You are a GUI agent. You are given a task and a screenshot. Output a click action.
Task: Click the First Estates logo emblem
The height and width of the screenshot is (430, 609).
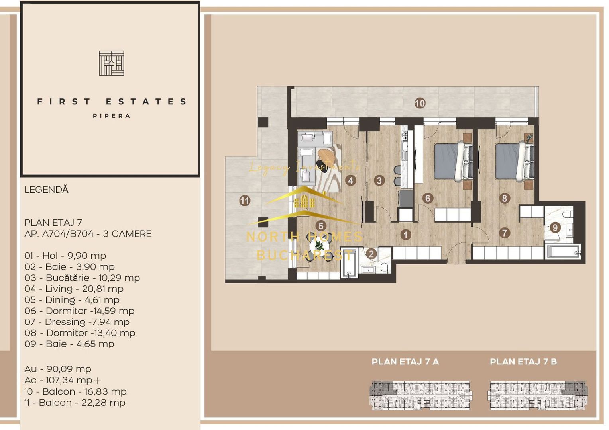click(x=111, y=63)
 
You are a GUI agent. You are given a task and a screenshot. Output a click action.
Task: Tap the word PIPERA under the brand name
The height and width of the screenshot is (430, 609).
click(x=112, y=116)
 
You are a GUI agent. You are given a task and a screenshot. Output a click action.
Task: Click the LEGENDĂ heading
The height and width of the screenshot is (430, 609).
click(x=46, y=190)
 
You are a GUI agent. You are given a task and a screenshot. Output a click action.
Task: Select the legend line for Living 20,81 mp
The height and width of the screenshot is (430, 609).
click(x=74, y=289)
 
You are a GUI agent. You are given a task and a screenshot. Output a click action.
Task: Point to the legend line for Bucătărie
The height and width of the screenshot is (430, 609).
click(x=82, y=278)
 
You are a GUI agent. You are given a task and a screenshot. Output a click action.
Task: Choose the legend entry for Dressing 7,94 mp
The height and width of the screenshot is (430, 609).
click(x=77, y=322)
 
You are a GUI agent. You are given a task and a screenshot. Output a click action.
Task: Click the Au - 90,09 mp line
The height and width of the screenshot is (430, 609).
click(x=58, y=369)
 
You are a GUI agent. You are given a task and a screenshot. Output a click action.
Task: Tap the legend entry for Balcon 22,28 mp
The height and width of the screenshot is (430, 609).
click(x=75, y=403)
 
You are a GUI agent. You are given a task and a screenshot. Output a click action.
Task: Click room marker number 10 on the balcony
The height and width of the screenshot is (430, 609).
click(x=420, y=103)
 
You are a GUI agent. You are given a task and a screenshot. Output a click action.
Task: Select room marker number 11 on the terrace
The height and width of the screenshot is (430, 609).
click(x=245, y=201)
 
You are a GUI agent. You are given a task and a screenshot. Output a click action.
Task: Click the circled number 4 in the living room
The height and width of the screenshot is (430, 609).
click(x=350, y=180)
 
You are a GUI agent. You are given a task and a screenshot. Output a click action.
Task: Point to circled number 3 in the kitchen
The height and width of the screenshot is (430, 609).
click(x=379, y=180)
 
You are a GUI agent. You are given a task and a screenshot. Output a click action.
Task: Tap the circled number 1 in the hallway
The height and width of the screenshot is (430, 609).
click(x=405, y=235)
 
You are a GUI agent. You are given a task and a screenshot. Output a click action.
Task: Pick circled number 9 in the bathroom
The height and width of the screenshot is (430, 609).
click(x=555, y=227)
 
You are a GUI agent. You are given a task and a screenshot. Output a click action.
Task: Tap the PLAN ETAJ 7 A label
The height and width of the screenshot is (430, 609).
click(x=405, y=362)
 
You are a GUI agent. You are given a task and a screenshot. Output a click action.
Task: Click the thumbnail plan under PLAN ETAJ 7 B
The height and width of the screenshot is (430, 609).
click(x=537, y=395)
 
